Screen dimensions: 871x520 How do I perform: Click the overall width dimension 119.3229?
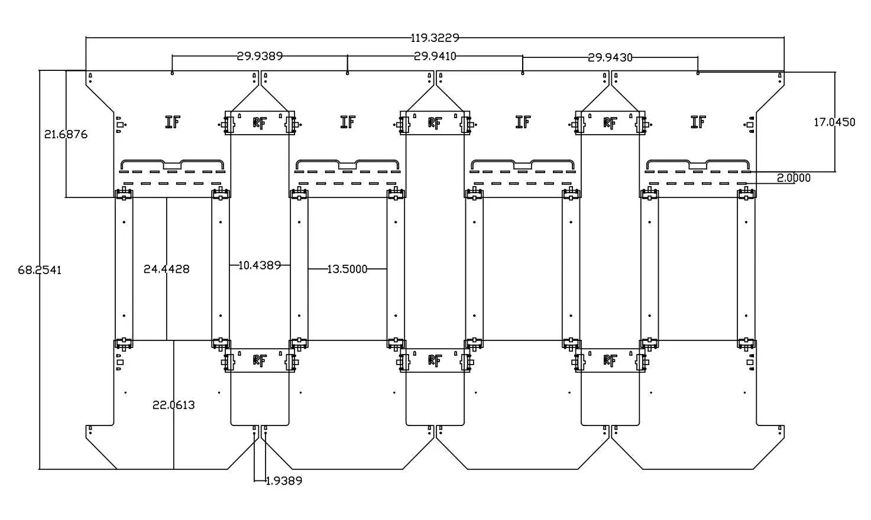tap(435, 38)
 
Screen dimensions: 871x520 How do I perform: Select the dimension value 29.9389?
tap(260, 56)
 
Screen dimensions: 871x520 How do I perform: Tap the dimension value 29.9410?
tap(435, 56)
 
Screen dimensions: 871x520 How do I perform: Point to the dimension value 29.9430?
tap(610, 57)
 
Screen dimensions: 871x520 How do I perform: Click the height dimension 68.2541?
tap(40, 270)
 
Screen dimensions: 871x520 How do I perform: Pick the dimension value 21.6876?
tap(66, 135)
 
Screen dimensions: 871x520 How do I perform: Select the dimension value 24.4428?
tap(166, 269)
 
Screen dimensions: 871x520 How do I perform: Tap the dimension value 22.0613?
tap(173, 405)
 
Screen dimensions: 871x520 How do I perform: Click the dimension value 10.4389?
tap(260, 265)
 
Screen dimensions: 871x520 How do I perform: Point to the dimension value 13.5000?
tap(347, 269)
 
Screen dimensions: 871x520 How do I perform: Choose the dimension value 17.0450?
tap(834, 122)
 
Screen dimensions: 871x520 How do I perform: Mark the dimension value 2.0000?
tap(794, 178)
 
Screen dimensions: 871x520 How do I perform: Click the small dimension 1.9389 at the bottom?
tap(284, 481)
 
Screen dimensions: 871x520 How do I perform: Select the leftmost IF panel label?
tap(173, 122)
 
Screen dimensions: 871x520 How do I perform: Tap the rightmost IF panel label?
tap(698, 122)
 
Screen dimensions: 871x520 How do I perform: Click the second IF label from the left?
tap(348, 122)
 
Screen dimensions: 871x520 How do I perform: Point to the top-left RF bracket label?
tap(260, 123)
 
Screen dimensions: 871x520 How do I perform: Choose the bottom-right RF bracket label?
tap(610, 360)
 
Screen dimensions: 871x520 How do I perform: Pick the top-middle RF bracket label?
tap(435, 123)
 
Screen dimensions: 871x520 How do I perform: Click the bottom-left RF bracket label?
tap(260, 360)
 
